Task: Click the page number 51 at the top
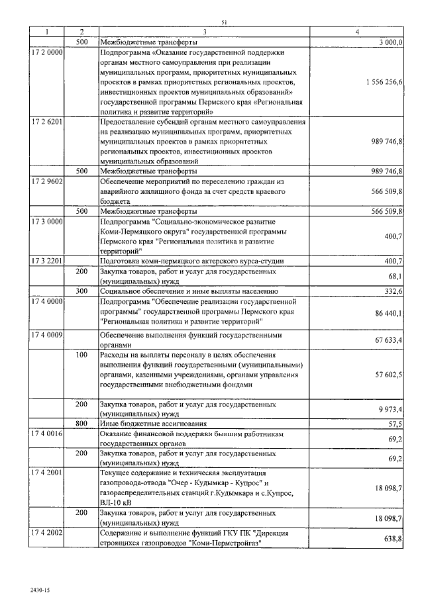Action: point(224,23)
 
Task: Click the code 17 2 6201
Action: point(46,122)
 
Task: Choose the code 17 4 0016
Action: point(46,433)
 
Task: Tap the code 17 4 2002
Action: point(46,532)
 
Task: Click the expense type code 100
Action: point(81,355)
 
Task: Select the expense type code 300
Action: point(81,291)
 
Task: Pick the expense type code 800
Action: point(81,423)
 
